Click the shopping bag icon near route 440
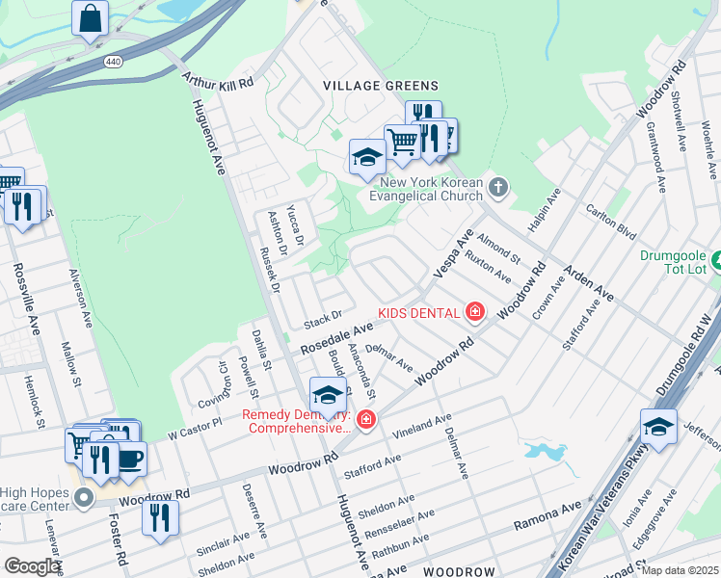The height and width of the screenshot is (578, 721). [90, 18]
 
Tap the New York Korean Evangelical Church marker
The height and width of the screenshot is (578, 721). [497, 187]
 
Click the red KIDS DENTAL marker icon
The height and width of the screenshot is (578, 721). [474, 311]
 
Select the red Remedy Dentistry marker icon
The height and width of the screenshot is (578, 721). [365, 419]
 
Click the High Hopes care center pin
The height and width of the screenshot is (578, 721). [85, 498]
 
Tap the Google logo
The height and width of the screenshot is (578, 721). [32, 565]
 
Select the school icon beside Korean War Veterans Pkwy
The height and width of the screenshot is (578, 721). [659, 425]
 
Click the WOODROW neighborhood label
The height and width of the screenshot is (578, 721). [458, 571]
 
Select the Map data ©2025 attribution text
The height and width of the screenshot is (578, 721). [680, 570]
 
